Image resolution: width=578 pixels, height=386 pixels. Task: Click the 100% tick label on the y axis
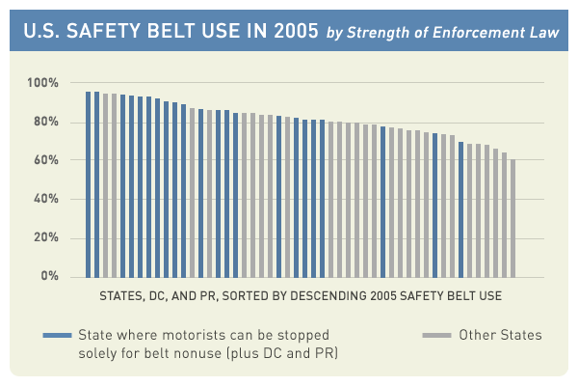(x=44, y=84)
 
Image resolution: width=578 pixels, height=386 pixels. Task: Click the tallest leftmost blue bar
(x=88, y=183)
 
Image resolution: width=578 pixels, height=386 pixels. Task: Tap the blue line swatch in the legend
(x=57, y=336)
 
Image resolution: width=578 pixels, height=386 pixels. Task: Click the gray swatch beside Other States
(x=438, y=336)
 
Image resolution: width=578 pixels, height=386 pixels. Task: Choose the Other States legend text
(x=501, y=336)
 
